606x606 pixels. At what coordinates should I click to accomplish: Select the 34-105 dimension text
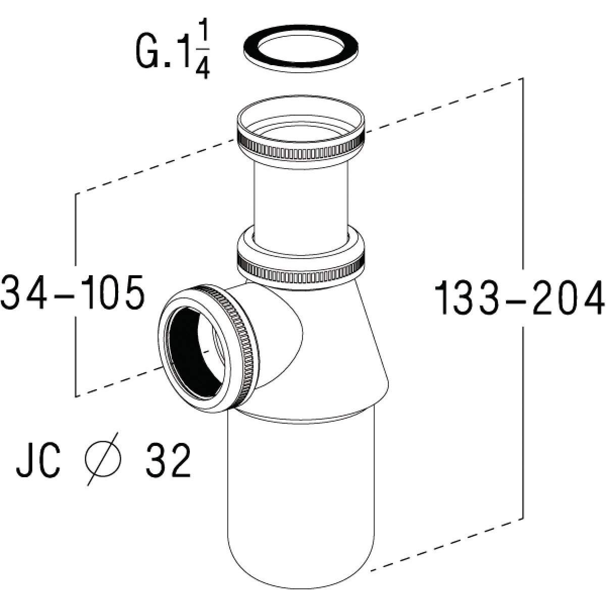point(73,293)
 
